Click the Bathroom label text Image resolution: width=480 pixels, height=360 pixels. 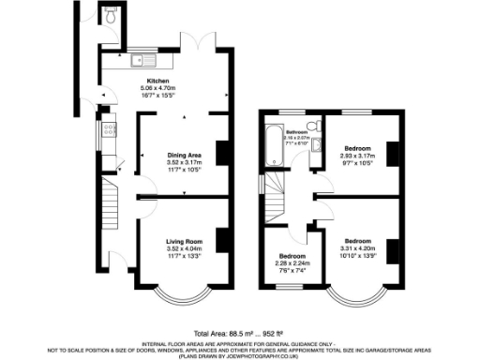296,133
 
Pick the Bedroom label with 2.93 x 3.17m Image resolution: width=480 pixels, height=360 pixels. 357,148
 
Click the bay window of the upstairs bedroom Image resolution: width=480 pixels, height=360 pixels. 355,302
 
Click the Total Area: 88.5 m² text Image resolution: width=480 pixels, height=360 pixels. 221,334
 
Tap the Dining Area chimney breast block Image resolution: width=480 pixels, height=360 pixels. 222,153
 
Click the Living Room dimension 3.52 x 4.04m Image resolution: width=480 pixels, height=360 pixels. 184,249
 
